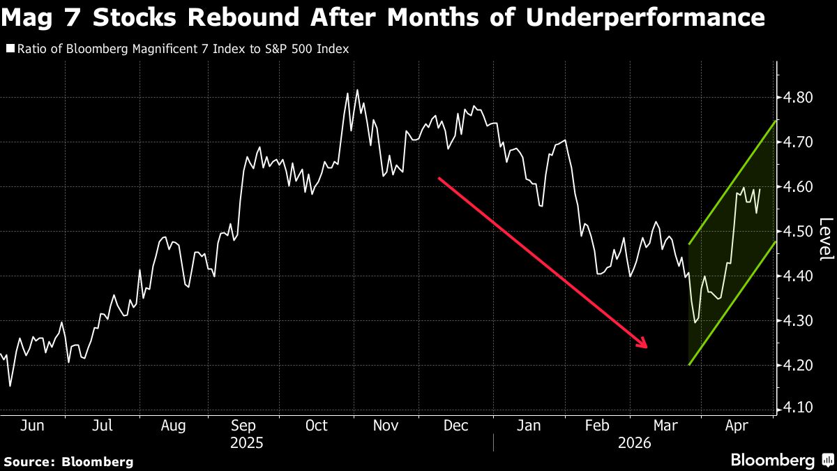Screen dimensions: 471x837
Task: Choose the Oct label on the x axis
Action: [317, 426]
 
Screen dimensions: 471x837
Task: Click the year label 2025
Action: [247, 443]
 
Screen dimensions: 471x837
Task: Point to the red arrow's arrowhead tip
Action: [648, 347]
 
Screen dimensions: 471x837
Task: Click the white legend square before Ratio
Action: [10, 50]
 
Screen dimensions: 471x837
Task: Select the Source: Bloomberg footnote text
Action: [68, 461]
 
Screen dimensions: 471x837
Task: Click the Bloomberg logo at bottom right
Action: [781, 461]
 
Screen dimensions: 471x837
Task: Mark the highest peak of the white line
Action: [357, 90]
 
